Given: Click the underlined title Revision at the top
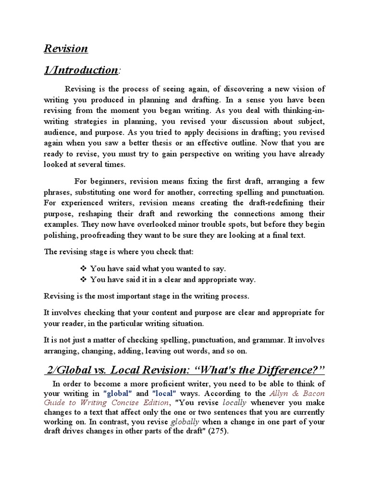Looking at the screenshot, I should pos(66,48).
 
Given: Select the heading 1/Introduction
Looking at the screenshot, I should pos(81,70).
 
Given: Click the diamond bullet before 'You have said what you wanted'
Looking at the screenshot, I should pos(83,269).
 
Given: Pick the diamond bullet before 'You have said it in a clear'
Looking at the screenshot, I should pos(83,279).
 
